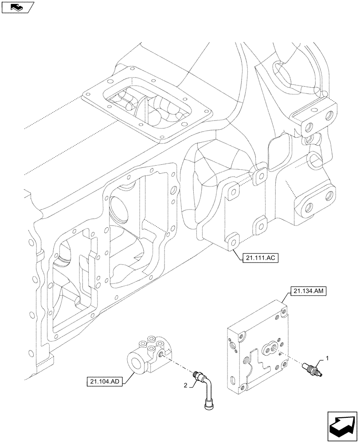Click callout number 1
click(327, 357)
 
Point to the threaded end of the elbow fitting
click(197, 374)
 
